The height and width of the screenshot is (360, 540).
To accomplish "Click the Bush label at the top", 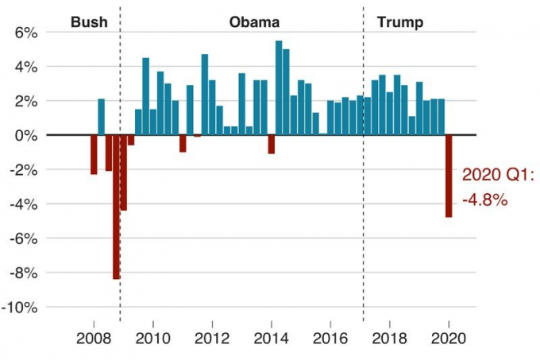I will (89, 21).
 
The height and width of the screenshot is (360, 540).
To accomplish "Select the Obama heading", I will (254, 21).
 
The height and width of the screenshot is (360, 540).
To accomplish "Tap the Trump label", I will (399, 21).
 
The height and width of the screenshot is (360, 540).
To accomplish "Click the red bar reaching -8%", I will (116, 207).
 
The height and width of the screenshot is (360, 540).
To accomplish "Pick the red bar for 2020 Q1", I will (449, 176).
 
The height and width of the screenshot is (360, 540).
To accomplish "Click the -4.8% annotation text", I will (484, 200).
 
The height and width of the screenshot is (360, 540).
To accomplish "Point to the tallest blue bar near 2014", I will (279, 87).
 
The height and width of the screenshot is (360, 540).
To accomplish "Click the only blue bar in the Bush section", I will (101, 117).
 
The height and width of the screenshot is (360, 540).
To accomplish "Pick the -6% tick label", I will (24, 238).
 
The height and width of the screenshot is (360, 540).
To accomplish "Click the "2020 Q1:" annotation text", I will (499, 176).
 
